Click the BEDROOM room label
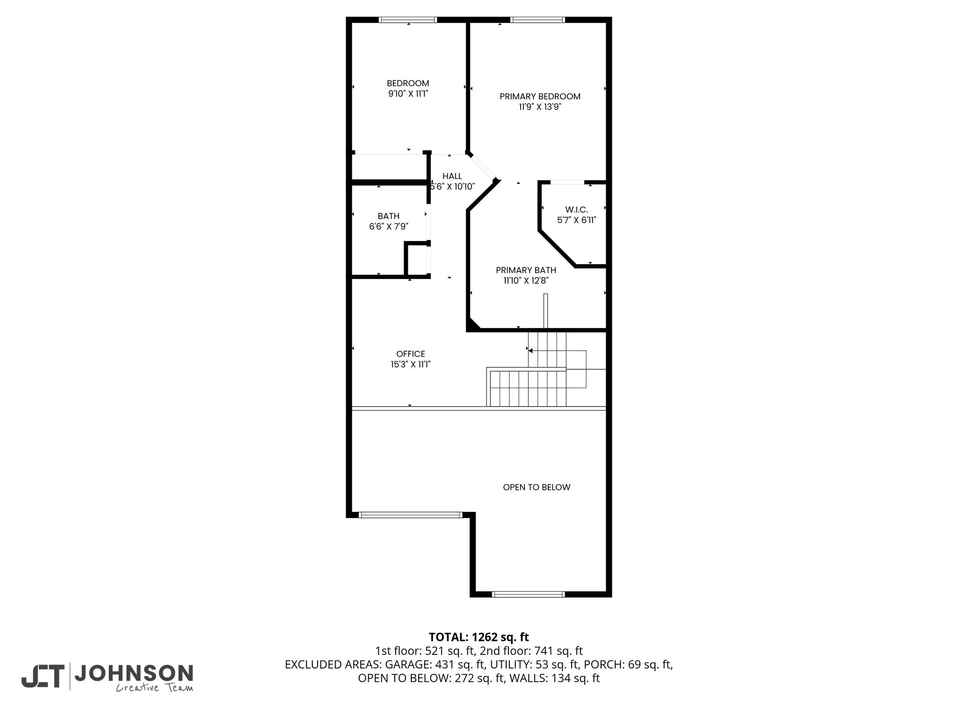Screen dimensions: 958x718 click(x=408, y=83)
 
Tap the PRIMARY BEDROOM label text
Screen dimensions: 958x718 click(x=540, y=96)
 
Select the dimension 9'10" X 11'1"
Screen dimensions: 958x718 click(x=408, y=93)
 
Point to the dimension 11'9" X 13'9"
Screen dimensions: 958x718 click(x=540, y=107)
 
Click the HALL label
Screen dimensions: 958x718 click(x=452, y=176)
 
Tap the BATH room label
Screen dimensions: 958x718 click(x=389, y=216)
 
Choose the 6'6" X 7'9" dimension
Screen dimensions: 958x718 click(x=389, y=226)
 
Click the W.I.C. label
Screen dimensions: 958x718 click(x=576, y=210)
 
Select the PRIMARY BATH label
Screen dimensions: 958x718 click(x=526, y=270)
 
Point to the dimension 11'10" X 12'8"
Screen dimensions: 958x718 click(x=526, y=280)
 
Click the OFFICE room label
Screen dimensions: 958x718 click(x=411, y=354)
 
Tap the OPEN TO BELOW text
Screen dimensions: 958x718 click(x=537, y=487)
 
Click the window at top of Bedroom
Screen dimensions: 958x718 click(x=408, y=20)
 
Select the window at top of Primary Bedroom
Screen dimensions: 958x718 click(x=537, y=20)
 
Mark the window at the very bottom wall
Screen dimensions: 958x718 click(x=529, y=594)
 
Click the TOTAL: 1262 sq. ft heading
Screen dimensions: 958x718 click(x=479, y=637)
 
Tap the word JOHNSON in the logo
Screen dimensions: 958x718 click(x=134, y=673)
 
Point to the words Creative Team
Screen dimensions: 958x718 click(x=154, y=688)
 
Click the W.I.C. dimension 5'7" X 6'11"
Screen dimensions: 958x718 click(x=577, y=220)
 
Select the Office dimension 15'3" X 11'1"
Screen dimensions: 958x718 click(x=411, y=364)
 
